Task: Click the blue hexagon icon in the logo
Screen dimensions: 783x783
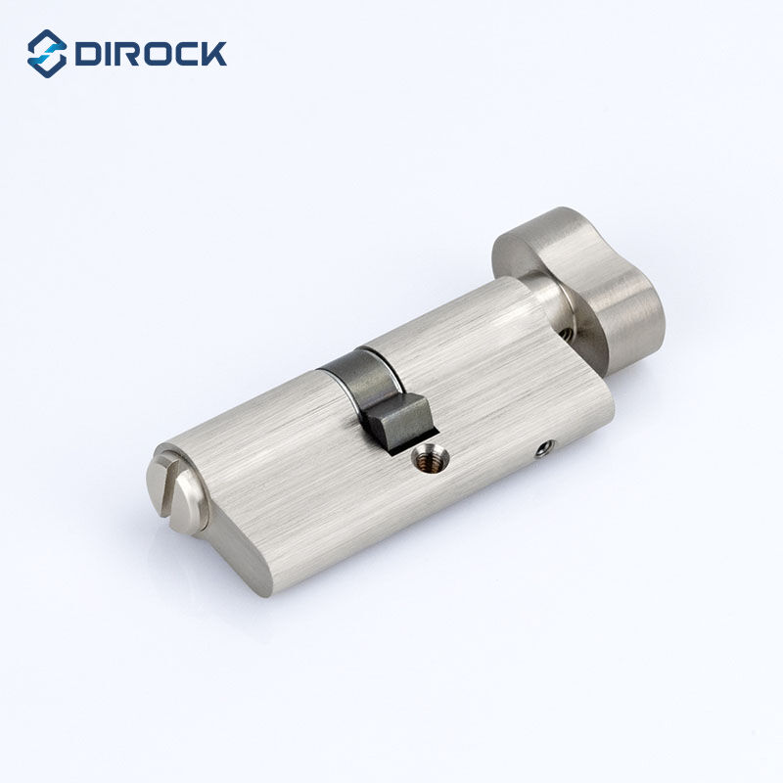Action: coord(47,53)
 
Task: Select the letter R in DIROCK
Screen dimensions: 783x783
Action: coord(129,53)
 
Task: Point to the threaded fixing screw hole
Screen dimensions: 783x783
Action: coord(428,454)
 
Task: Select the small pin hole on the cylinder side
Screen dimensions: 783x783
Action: coord(545,447)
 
